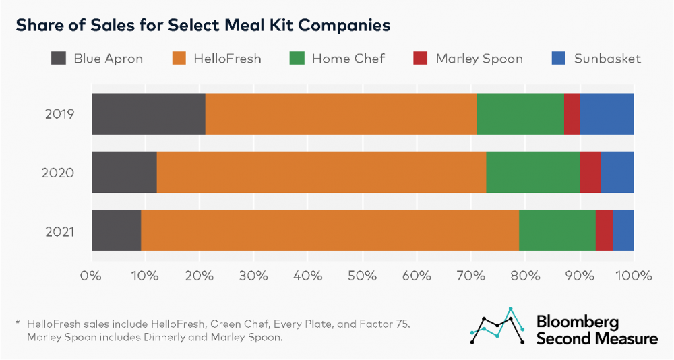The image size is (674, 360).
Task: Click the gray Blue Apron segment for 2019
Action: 148,114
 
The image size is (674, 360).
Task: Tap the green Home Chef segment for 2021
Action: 557,230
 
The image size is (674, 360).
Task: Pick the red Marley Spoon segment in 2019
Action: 572,114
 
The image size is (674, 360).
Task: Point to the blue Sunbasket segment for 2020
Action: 617,172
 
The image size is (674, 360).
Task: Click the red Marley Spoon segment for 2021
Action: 604,230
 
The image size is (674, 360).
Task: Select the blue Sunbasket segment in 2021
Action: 623,230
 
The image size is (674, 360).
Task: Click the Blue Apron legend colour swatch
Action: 59,59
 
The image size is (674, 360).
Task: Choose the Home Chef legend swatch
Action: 297,59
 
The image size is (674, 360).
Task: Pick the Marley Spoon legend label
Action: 479,59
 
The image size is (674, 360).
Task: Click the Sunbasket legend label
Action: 607,59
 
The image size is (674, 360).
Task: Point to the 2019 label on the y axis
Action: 59,114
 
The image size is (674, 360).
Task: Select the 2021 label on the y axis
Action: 59,231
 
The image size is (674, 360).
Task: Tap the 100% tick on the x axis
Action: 634,275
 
